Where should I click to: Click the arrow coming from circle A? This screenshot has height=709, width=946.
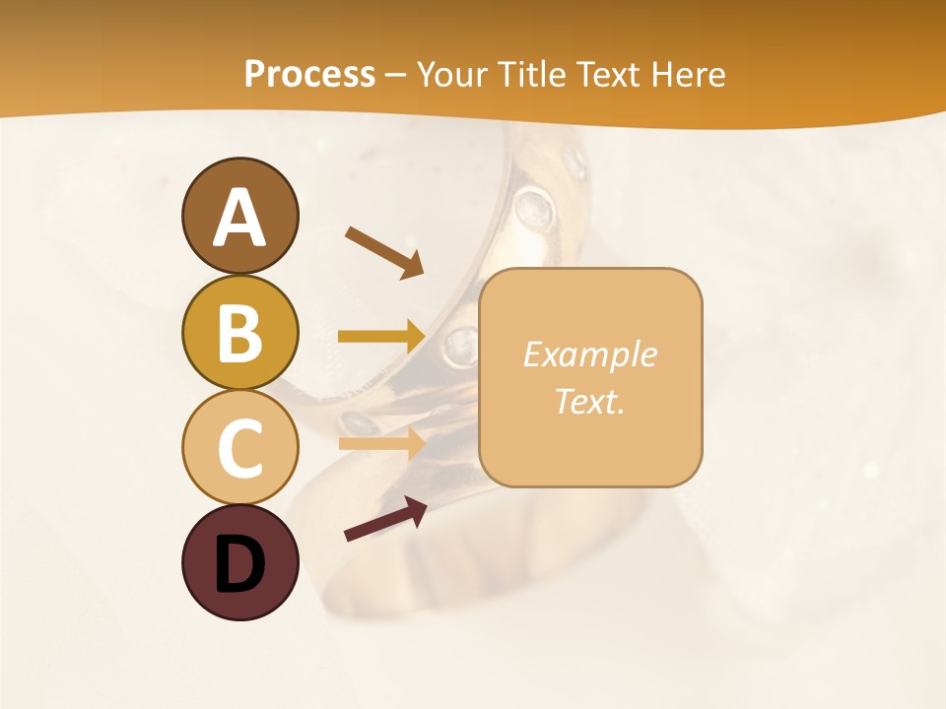pos(384,252)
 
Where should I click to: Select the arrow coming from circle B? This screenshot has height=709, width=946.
pos(381,337)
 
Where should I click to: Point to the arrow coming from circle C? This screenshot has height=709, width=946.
pos(381,443)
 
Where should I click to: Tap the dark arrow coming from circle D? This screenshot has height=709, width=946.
pos(385,519)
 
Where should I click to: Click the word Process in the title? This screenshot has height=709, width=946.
pos(309,75)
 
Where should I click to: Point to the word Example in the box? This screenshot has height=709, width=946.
pos(589,354)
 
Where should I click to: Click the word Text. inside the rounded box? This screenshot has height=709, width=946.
pos(589,402)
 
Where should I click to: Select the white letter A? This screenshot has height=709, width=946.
pos(239,219)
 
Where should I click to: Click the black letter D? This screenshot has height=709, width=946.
pos(239,563)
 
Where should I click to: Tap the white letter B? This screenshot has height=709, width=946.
pos(239,333)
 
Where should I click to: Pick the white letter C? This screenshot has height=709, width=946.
pos(239,447)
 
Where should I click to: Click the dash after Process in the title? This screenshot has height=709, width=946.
pos(396,76)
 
